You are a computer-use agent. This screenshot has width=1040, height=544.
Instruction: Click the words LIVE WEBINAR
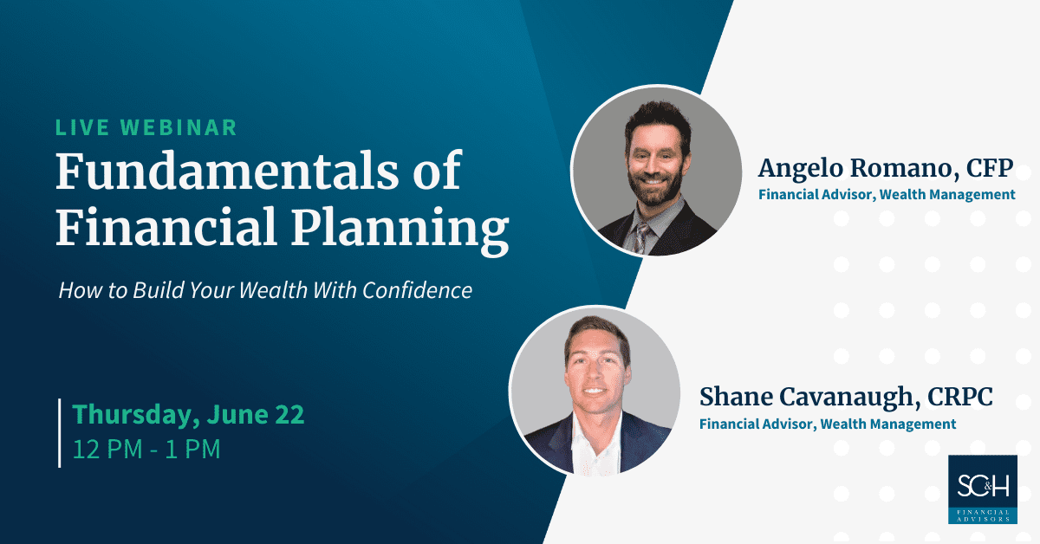(146, 127)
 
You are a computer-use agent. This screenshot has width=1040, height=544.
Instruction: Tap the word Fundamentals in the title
(226, 171)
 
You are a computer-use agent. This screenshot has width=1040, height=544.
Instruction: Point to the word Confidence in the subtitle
(418, 290)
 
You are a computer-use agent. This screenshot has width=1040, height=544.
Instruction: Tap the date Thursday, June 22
(188, 414)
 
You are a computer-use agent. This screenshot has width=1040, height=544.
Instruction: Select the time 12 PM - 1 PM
(146, 450)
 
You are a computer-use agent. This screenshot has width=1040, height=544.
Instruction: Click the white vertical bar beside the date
(60, 432)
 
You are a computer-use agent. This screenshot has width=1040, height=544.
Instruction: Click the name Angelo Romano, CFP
(886, 168)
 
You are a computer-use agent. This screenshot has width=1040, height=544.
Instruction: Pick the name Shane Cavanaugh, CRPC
(846, 398)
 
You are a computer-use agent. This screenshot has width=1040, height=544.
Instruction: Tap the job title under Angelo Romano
(887, 195)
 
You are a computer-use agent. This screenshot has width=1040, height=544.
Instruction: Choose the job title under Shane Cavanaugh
(828, 424)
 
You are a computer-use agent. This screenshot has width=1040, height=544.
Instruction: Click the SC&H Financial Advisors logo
(983, 489)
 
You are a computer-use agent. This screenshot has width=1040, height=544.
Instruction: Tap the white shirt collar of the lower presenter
(596, 441)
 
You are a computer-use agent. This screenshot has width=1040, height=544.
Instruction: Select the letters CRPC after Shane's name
(960, 397)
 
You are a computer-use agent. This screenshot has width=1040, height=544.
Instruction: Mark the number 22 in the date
(289, 414)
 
